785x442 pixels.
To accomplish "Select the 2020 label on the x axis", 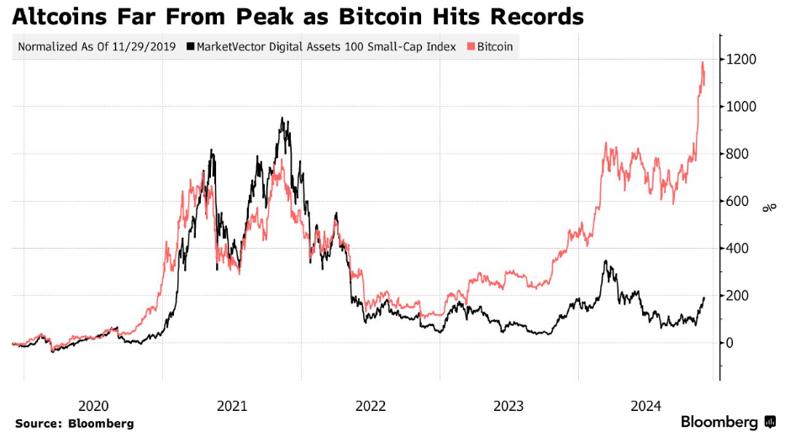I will click(x=93, y=406).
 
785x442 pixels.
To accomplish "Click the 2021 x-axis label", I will click(x=232, y=406).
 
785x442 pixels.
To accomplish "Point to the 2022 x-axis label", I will click(x=371, y=406).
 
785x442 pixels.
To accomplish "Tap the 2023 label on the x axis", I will click(x=509, y=406).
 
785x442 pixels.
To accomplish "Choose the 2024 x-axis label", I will click(x=648, y=406).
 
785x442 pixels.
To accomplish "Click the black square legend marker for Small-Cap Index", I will click(x=191, y=47).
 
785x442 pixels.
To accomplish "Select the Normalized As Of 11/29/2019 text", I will click(x=97, y=47).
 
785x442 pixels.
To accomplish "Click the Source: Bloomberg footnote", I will click(x=74, y=424).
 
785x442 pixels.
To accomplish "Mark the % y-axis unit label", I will click(x=768, y=207).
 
